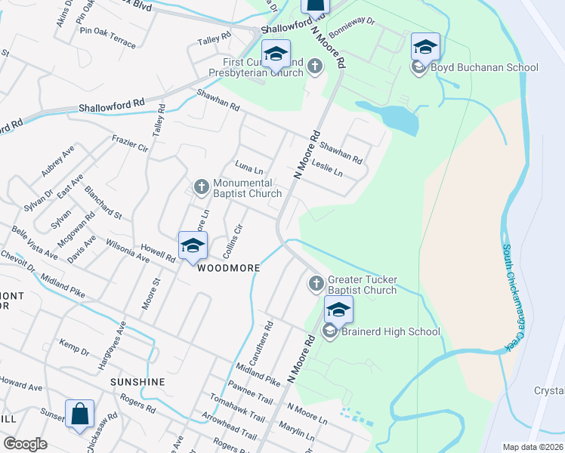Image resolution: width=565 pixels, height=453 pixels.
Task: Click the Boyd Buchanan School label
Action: point(484,68)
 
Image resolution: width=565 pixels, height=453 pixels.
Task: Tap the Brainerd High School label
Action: point(391,331)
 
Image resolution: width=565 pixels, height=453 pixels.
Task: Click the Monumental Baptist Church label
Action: point(247,188)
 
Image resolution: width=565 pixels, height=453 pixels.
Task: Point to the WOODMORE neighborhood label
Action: point(230,268)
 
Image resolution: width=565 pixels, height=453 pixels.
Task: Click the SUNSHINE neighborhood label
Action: point(137,382)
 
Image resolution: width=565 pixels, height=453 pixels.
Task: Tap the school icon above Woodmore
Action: point(193,246)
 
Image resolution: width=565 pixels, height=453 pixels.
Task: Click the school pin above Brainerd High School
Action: point(338,310)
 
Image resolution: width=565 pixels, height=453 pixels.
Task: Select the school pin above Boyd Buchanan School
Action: point(425,47)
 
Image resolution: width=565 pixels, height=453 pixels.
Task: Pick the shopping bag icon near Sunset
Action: point(79,414)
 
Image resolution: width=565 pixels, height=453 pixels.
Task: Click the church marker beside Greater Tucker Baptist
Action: point(316,284)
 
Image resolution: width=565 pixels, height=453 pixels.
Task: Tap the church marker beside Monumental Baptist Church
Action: point(202,186)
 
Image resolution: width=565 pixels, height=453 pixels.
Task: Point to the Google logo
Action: point(25,444)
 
